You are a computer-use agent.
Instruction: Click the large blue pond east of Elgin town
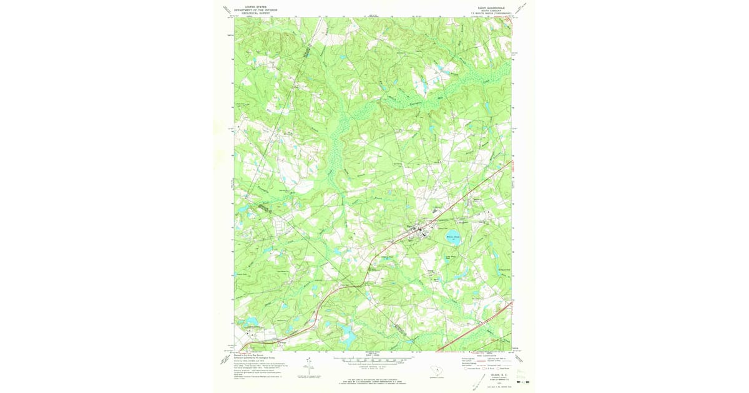click(x=453, y=238)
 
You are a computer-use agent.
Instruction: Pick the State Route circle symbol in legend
click(x=499, y=369)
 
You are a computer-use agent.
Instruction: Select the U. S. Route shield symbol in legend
click(x=484, y=369)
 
